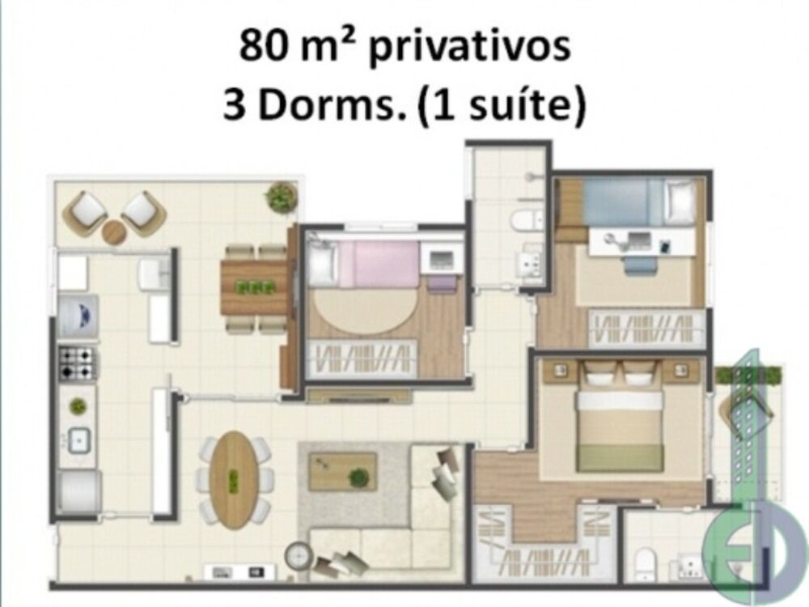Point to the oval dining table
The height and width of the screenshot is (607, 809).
point(233,479)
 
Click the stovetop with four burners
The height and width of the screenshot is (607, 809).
point(78,363)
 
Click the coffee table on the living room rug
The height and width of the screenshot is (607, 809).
point(342,471)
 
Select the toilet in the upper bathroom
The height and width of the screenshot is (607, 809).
point(528,220)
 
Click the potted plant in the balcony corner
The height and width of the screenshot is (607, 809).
point(281,197)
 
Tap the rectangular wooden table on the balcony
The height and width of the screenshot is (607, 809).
point(255,287)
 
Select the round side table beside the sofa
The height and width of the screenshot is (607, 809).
point(298,554)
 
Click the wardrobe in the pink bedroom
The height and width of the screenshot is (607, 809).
point(363,357)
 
